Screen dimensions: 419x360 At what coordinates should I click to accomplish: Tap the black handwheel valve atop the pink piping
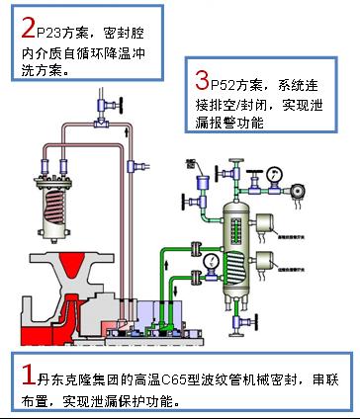[103, 102]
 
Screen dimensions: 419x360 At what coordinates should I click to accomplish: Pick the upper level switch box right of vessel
[265, 225]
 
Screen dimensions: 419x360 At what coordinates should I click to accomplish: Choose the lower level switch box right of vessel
[265, 262]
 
